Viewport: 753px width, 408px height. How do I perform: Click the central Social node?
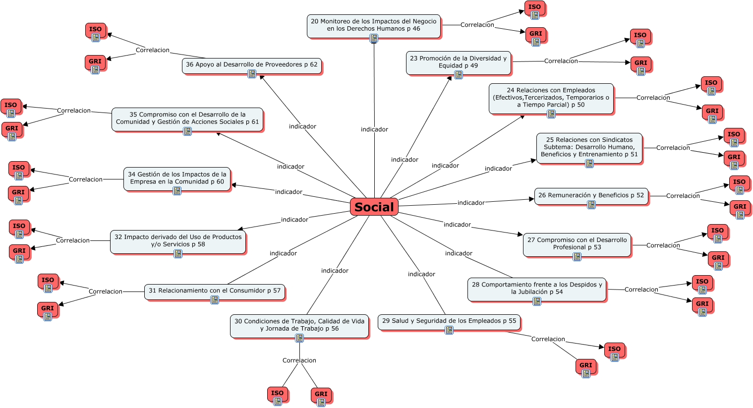tap(374, 207)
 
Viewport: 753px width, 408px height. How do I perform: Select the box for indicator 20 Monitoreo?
tap(373, 25)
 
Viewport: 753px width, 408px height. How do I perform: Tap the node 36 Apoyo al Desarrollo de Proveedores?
tap(251, 64)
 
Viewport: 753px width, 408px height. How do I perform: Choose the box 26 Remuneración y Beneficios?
tap(591, 195)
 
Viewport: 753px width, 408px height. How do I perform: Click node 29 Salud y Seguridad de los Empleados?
tap(449, 321)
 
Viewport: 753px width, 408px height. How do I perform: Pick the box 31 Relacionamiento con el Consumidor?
tap(214, 291)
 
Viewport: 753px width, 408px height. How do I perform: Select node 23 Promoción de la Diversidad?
tap(458, 62)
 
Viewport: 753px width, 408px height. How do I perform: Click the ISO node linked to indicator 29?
tap(614, 349)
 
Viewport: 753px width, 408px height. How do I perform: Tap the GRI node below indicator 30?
tap(321, 394)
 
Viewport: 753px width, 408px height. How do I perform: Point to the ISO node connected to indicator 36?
tap(96, 30)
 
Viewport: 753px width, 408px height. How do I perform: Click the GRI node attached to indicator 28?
tap(702, 304)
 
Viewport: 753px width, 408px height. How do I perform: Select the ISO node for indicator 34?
tap(18, 168)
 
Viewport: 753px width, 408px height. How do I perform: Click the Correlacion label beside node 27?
tap(663, 245)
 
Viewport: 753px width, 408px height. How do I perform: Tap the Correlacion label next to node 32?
tap(73, 240)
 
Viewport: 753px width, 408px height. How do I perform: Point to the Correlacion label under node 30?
tap(299, 360)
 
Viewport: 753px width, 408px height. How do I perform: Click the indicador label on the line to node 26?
tap(471, 203)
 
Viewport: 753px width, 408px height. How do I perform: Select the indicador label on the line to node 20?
tap(374, 129)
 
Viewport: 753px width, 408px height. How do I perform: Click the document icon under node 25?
tap(589, 164)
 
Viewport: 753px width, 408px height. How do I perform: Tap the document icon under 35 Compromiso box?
tap(187, 131)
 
